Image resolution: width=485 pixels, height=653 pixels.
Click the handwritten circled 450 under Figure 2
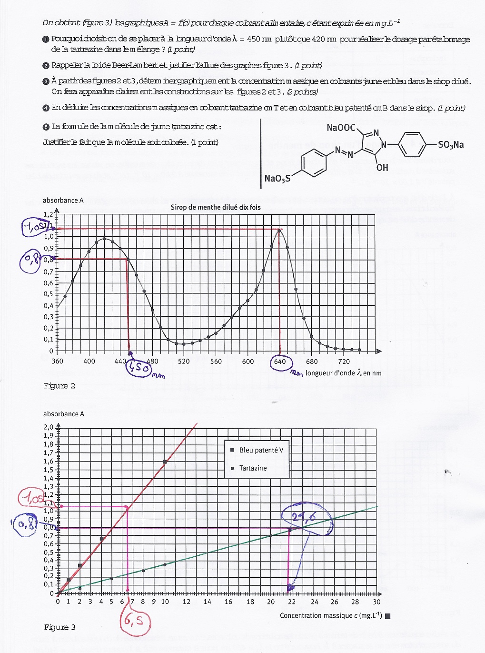click(139, 368)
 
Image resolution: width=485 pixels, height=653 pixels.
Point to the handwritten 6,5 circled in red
click(135, 621)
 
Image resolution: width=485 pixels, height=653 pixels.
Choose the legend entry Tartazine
click(253, 468)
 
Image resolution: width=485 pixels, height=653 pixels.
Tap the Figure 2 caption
click(59, 386)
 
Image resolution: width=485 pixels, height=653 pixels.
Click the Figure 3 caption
click(60, 627)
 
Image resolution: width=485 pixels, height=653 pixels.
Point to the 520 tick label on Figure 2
click(184, 361)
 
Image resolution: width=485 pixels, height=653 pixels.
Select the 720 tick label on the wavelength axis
click(344, 361)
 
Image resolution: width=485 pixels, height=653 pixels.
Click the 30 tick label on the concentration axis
click(376, 602)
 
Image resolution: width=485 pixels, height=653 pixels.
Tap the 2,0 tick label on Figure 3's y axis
click(49, 427)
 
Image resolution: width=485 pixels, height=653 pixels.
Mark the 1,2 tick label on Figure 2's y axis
click(49, 214)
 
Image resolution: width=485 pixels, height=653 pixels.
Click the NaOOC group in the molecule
click(341, 128)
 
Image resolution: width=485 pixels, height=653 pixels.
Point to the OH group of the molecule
click(382, 168)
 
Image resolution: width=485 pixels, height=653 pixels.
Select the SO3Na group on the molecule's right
click(451, 145)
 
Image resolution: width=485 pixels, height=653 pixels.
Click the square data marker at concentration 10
click(165, 462)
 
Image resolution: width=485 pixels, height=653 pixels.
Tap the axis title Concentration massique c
click(331, 615)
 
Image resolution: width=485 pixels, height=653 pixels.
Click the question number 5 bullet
click(46, 127)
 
